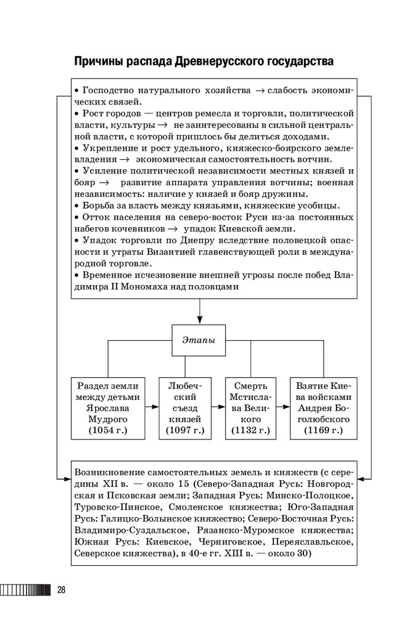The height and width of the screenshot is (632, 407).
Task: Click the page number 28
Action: coord(61,589)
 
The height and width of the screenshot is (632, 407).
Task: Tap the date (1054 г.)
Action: coord(108,429)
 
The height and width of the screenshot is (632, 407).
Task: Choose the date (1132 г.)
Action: coord(250,429)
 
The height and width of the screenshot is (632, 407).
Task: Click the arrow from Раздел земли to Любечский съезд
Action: coord(151,407)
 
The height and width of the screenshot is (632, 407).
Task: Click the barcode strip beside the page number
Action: coord(25,590)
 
